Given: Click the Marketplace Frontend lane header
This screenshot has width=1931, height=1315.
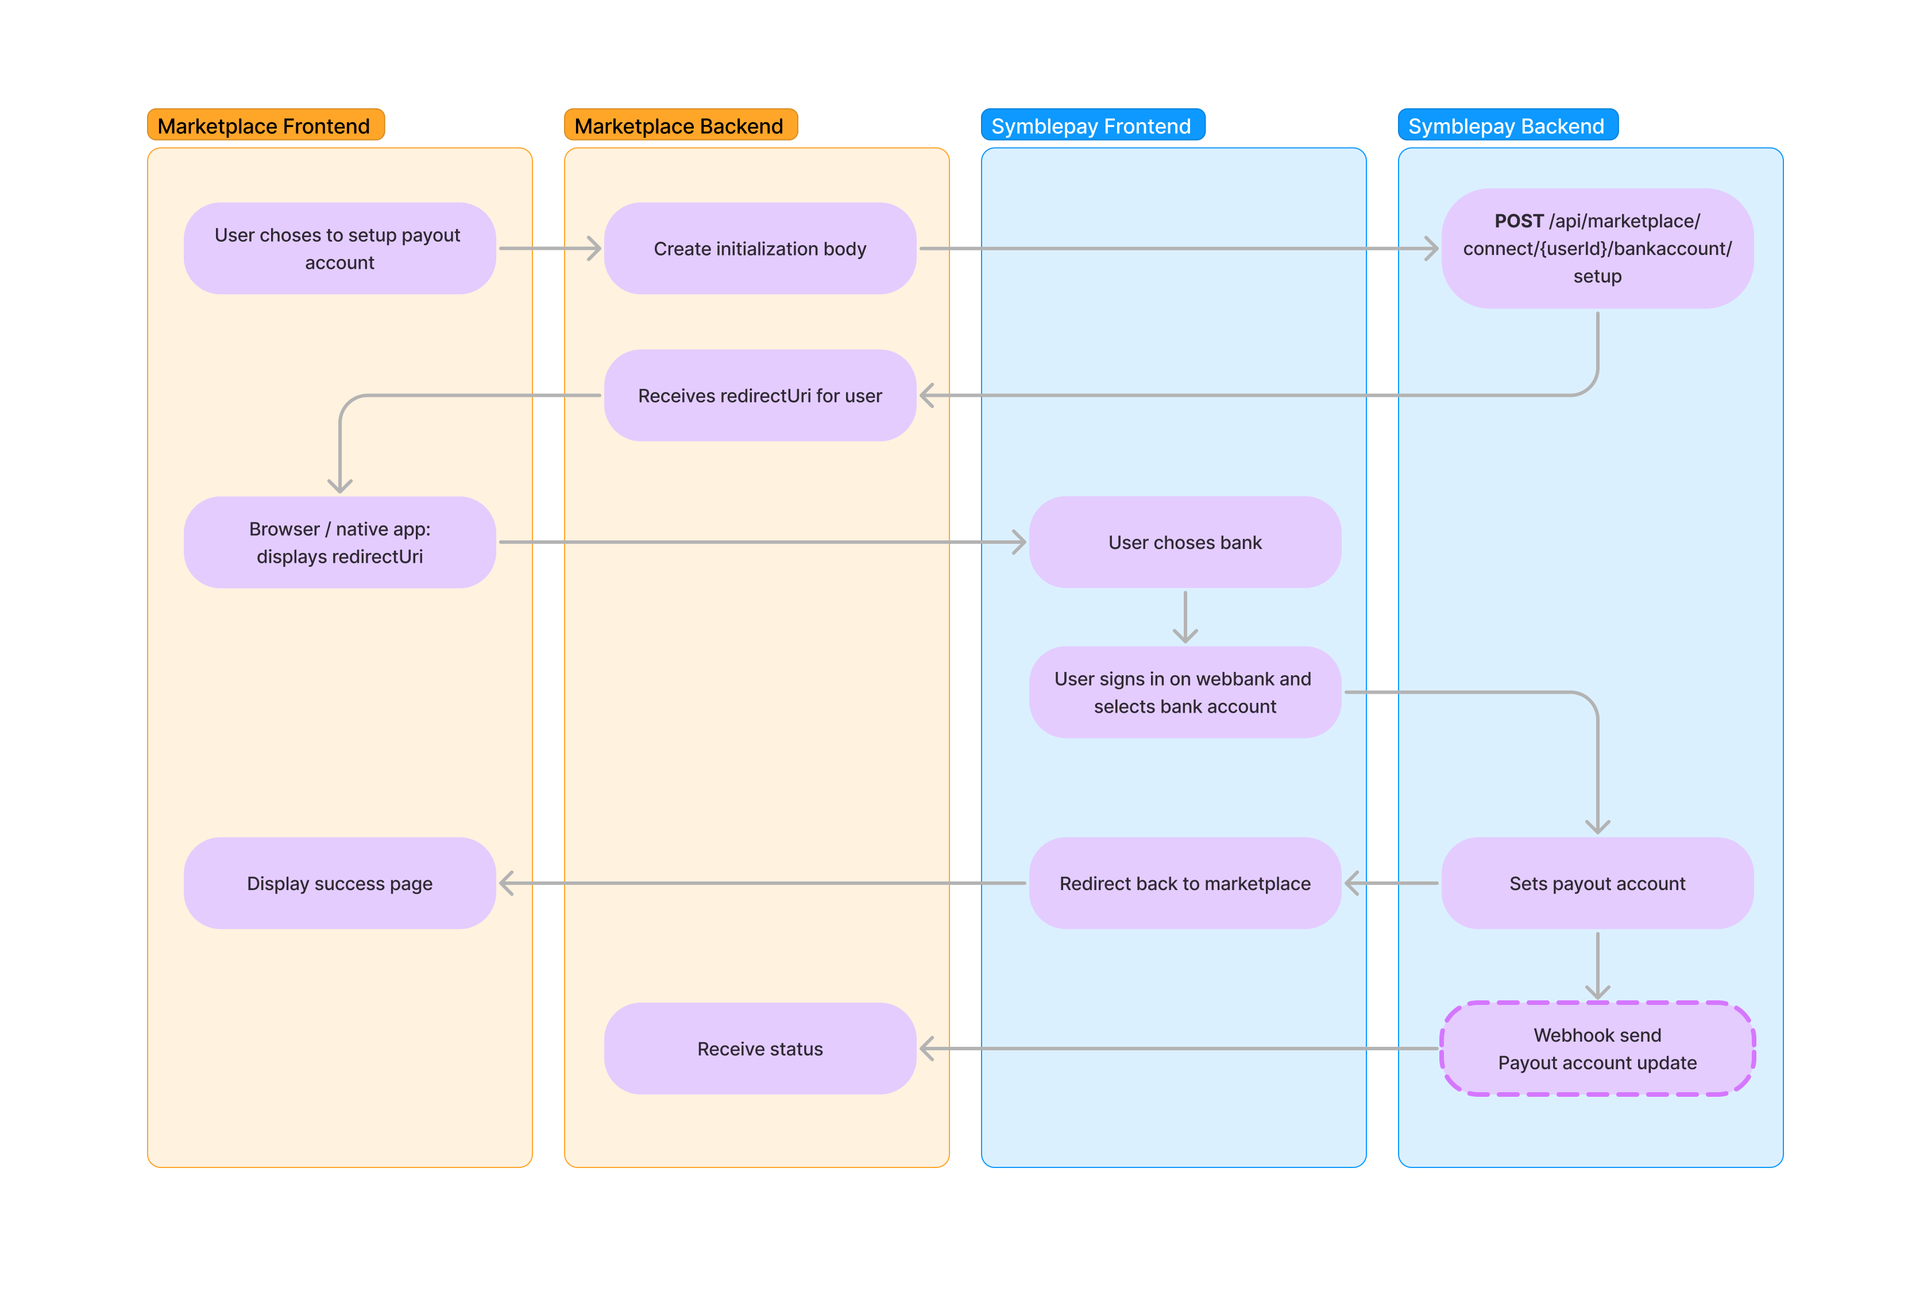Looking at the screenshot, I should click(x=265, y=125).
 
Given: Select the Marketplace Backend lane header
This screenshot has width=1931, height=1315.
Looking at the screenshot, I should click(x=679, y=125).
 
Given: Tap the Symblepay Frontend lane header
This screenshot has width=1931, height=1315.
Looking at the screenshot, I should click(x=1092, y=125).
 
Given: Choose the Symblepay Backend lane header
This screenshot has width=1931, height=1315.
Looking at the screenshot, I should click(x=1507, y=125).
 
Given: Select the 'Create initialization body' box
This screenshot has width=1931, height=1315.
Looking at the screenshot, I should click(x=759, y=249).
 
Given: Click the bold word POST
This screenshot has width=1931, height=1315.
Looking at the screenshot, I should click(x=1518, y=221).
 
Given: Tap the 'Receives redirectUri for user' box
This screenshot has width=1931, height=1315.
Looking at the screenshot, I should click(x=759, y=396).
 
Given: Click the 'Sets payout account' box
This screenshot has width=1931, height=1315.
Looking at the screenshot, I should click(x=1596, y=883).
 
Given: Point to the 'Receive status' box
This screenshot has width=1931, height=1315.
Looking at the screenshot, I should click(x=759, y=1049).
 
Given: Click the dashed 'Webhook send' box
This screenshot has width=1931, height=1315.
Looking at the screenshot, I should click(x=1596, y=1049).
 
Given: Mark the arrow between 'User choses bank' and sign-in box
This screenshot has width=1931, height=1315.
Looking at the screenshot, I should click(x=1185, y=617).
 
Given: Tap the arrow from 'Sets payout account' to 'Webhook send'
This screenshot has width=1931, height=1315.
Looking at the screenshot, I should click(x=1597, y=965).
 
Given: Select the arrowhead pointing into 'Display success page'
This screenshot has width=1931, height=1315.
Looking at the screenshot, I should click(x=507, y=883).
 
